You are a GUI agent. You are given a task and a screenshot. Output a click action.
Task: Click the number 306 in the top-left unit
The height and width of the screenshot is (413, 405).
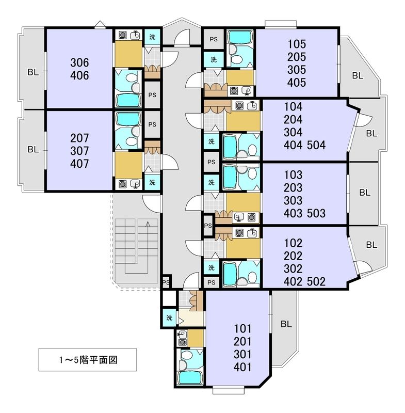tap(79, 63)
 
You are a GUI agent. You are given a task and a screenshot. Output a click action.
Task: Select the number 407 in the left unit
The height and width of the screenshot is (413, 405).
tap(79, 164)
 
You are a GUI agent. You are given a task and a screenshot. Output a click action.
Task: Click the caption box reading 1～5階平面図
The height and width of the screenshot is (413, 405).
tap(88, 360)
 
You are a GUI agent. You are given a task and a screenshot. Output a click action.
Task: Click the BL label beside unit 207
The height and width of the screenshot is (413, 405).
tap(33, 150)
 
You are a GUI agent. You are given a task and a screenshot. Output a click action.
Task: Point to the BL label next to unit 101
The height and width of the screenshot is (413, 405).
tap(286, 324)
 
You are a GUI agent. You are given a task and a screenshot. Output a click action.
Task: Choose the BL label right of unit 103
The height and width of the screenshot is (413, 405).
tap(364, 193)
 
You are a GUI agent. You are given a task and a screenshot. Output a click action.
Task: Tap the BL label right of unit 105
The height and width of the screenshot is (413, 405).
tap(358, 75)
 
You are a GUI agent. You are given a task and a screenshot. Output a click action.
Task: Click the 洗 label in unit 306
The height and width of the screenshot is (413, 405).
tap(152, 37)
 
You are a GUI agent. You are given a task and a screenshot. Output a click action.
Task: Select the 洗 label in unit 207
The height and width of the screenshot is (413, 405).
tap(152, 182)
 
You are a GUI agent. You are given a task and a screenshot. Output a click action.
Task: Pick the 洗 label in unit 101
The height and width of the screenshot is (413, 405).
tap(169, 317)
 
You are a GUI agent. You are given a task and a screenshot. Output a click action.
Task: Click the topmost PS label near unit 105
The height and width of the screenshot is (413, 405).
tap(213, 39)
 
